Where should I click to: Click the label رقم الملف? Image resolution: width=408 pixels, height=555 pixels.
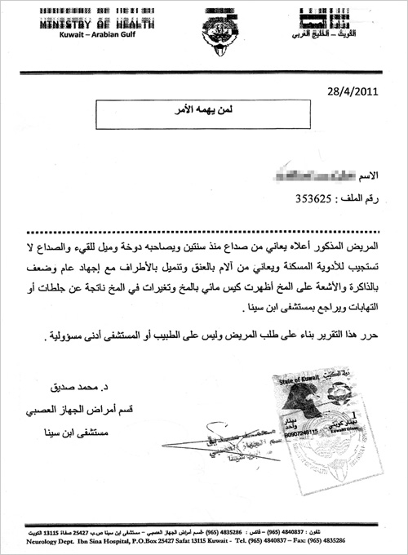(x=361, y=198)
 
